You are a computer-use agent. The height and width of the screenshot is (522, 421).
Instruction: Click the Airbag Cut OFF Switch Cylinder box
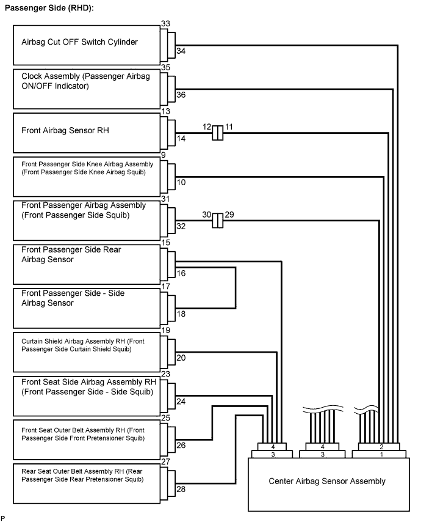[87, 45]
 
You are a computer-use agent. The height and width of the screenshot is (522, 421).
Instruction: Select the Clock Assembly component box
[87, 89]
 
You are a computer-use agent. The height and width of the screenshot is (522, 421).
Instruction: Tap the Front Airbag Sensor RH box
[87, 133]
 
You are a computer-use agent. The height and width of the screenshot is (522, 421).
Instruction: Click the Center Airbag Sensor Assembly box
[329, 484]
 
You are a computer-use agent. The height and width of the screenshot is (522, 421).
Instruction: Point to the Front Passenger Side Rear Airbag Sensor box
[87, 264]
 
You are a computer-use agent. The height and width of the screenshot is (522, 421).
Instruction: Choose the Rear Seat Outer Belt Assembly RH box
[87, 483]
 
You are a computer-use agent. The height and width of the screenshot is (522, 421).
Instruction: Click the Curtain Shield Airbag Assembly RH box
[87, 352]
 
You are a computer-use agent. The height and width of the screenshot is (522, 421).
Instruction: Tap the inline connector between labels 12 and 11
[218, 133]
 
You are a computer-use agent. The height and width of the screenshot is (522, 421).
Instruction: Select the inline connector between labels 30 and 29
[218, 221]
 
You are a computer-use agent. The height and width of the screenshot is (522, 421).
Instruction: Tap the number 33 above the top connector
[165, 24]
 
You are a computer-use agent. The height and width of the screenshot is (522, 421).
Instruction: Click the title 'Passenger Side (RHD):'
[49, 8]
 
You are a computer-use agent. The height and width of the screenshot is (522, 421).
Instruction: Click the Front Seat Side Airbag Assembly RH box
[87, 396]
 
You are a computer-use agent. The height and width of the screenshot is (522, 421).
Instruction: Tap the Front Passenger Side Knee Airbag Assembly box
[87, 177]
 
